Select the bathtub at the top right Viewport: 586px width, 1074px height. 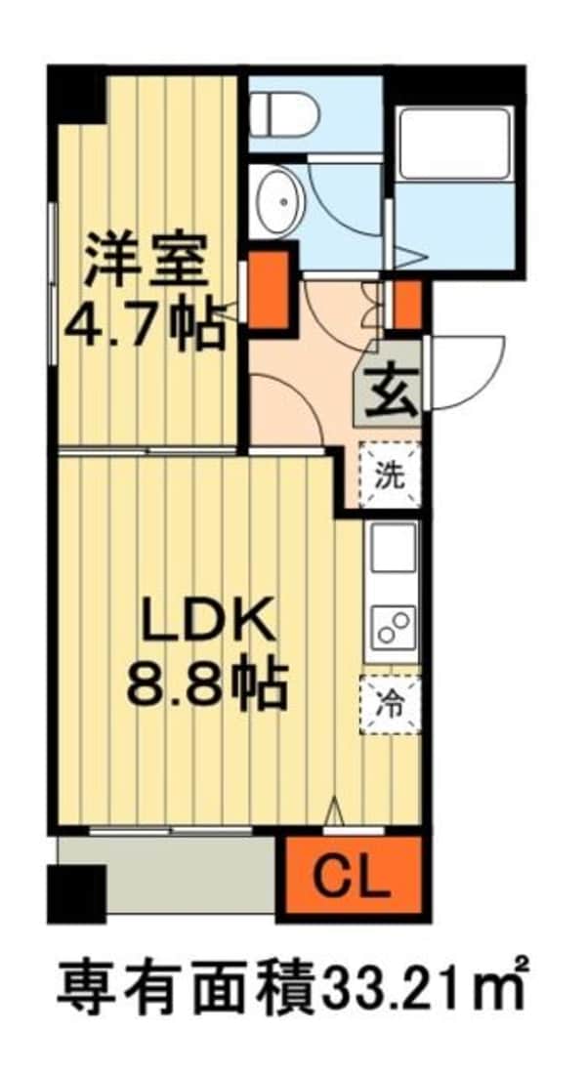coord(455,144)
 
